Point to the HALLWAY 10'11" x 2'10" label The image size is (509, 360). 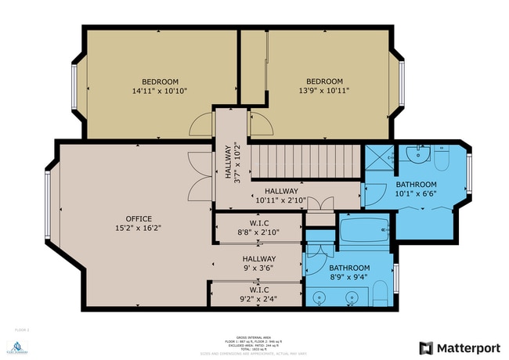tap(280, 196)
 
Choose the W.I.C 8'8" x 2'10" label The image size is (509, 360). tap(258, 228)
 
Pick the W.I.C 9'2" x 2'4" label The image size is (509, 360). tap(258, 293)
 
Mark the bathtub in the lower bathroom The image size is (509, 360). tap(364, 232)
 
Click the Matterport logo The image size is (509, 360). tap(460, 347)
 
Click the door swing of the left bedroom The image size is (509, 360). tap(201, 124)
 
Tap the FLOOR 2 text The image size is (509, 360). tap(21, 330)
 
